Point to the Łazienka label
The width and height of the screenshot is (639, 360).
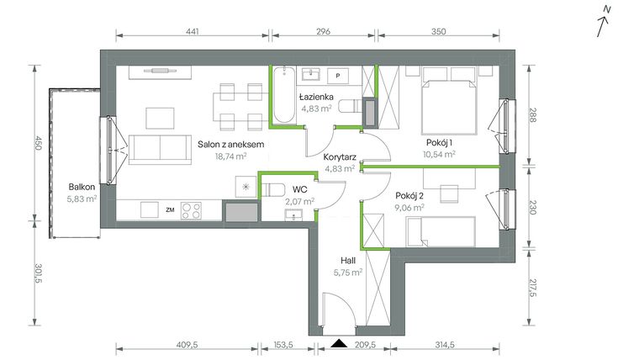pyautogui.click(x=318, y=97)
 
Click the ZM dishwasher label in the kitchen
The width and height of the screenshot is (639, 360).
pyautogui.click(x=170, y=209)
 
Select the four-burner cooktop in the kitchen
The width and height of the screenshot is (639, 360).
pyautogui.click(x=191, y=209)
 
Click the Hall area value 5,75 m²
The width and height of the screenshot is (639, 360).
pyautogui.click(x=347, y=272)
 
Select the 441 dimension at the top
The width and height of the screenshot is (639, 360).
pyautogui.click(x=192, y=31)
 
